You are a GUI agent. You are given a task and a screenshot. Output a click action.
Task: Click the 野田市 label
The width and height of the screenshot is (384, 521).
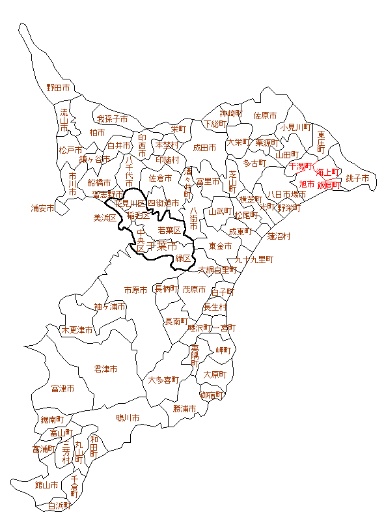pos(57,87)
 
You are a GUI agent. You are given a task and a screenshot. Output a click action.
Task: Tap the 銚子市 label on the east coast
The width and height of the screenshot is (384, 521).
pos(357,178)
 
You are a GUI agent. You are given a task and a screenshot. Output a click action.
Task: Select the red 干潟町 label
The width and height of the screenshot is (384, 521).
pos(301,167)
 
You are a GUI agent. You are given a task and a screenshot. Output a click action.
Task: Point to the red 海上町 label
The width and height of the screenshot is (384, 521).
pos(329,173)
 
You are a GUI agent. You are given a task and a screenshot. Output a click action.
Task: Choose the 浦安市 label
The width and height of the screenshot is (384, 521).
pos(42,208)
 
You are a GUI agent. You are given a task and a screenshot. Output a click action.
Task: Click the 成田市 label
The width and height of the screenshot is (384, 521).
pos(204,148)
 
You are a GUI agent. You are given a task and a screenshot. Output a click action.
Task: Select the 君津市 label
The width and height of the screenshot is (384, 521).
pos(105,369)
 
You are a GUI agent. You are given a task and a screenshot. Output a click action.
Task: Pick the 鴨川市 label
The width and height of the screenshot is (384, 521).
pos(128,417)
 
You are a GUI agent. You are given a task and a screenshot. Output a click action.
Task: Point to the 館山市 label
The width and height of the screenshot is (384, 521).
pos(46,485)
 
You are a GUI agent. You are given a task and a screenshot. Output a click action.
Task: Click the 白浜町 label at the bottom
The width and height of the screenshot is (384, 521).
pos(60,505)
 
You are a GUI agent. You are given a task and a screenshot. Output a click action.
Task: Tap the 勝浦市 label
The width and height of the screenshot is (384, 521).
pos(184,408)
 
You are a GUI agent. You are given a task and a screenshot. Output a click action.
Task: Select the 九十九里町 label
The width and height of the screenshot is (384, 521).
pos(254,259)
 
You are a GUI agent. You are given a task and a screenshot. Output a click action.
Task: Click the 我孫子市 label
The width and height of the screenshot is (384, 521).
pos(112,119)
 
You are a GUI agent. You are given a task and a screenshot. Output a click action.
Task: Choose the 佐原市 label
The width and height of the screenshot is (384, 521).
pos(265,115)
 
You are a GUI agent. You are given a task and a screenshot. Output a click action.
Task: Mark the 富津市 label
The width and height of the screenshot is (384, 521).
pos(62,389)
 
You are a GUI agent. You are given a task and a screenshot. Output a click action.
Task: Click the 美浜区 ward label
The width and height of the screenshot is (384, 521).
pos(105,218)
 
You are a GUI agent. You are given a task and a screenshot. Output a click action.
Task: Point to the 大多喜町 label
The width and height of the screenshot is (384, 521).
pos(163,380)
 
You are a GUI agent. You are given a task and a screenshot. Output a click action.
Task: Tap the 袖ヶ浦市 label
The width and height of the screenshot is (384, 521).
pos(109,306)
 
